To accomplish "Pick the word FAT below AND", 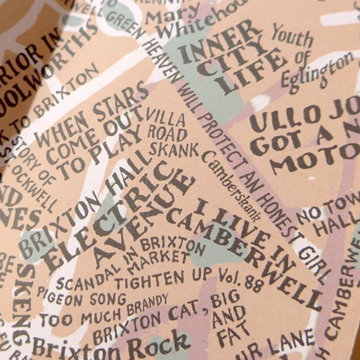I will click(227, 336).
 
